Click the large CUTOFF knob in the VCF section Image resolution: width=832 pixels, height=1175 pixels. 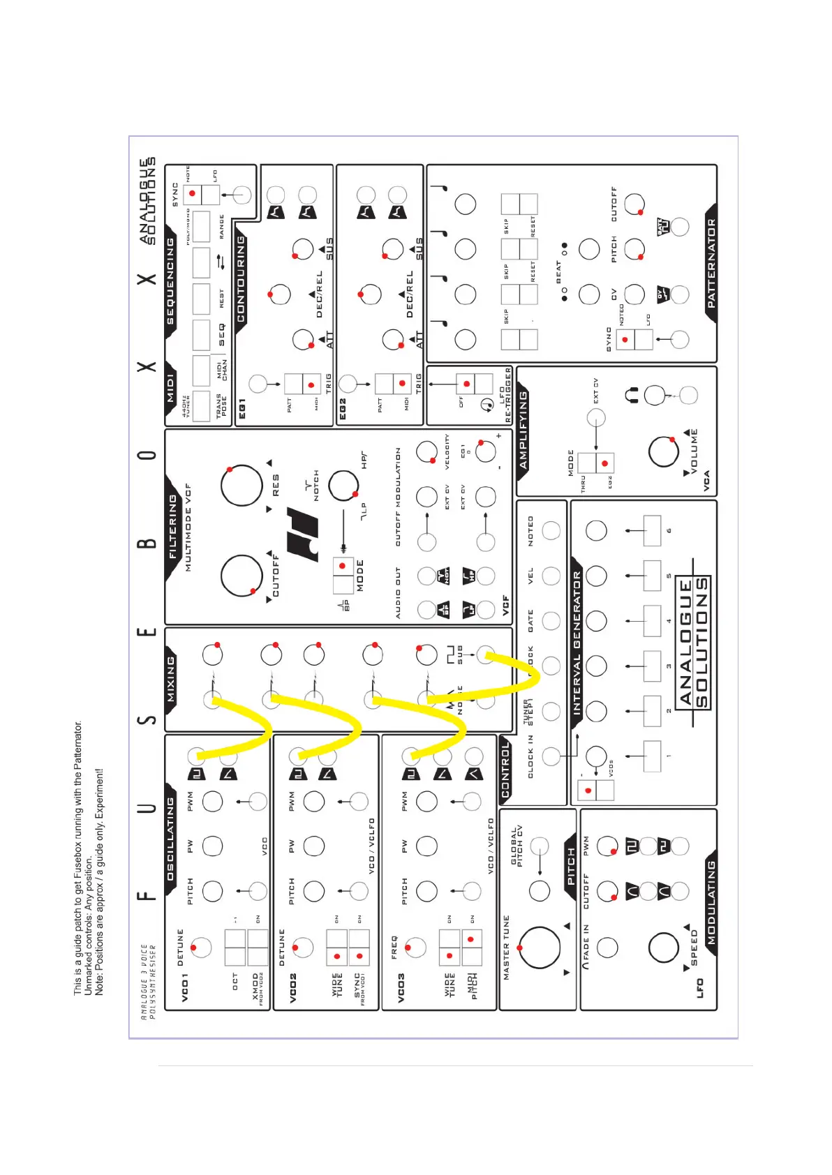coord(242,576)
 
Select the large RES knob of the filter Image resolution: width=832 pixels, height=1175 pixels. coord(242,485)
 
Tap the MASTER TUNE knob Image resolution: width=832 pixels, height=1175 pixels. coord(540,948)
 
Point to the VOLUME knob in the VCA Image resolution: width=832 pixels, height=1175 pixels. coord(663,451)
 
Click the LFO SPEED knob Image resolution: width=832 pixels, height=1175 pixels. coord(663,948)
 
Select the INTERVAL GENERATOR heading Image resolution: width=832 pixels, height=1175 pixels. coord(577,643)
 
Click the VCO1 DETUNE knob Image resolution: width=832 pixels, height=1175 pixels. coord(201,947)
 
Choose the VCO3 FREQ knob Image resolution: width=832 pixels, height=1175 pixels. coord(415,947)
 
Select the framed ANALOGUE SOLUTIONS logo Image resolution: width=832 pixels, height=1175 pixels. coord(694,643)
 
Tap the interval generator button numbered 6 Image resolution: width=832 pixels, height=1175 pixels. coord(651,531)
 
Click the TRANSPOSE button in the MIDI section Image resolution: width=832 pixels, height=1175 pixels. coord(201,406)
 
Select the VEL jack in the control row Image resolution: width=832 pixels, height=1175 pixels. coord(551,576)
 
